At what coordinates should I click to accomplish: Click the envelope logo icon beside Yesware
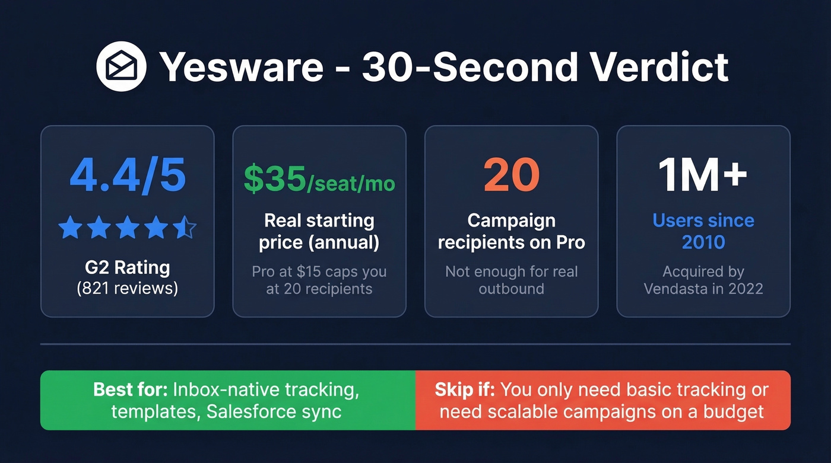(122, 66)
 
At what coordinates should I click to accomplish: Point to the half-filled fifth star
(184, 228)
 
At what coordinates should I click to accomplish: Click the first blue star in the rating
(70, 228)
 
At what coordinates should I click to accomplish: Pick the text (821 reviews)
(127, 289)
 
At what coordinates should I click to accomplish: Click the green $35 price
(274, 180)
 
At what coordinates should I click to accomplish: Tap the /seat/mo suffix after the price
(351, 183)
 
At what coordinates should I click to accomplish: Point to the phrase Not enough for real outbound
(511, 280)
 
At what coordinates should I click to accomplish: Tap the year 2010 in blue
(703, 242)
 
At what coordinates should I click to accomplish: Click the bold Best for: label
(130, 389)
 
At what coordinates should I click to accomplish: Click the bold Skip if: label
(466, 389)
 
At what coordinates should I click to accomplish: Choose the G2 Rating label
(127, 267)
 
